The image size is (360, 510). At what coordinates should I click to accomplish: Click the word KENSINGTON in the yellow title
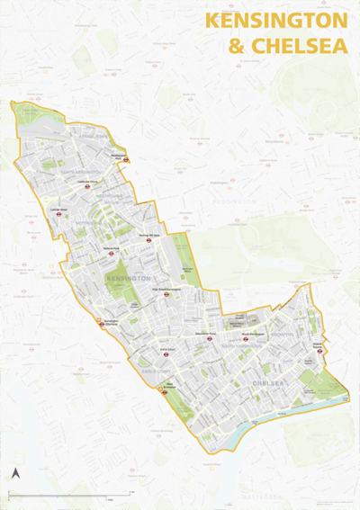point(275,21)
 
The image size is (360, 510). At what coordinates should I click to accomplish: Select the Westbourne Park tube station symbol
point(127,159)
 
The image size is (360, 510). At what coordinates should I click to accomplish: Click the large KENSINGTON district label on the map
point(127,280)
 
